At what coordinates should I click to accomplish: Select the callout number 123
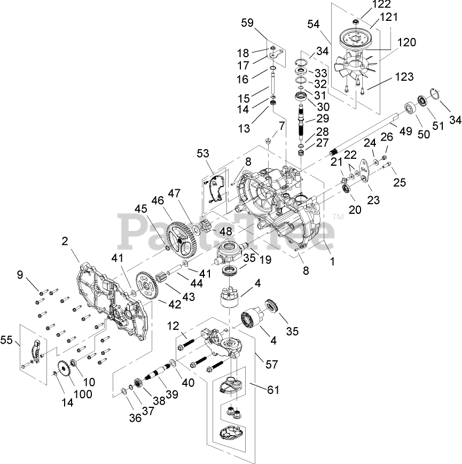coord(404,77)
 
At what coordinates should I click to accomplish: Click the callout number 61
coord(273,390)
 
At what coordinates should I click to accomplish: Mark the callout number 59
coord(247,23)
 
